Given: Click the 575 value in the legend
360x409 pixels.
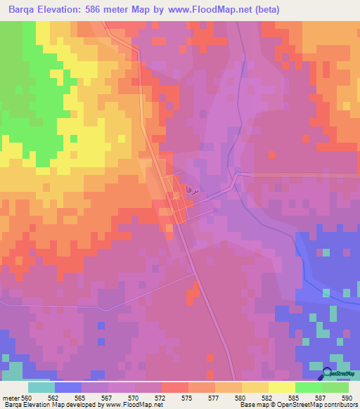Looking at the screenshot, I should (167, 397).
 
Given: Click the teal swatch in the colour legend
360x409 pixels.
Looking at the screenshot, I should (41, 387).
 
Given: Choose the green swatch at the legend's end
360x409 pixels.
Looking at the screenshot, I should (335, 387).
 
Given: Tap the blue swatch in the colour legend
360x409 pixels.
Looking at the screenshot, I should (67, 387).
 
